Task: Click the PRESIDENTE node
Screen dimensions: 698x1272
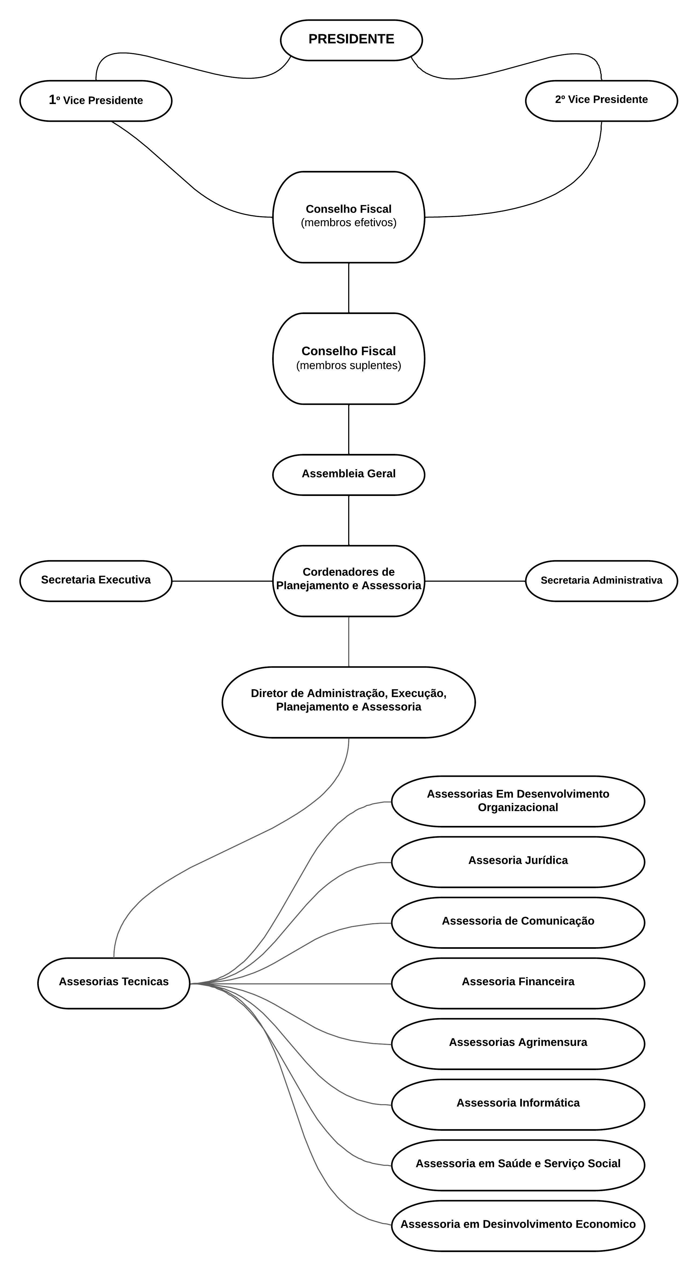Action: click(x=351, y=40)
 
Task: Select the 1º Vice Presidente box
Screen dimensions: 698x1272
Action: click(x=96, y=101)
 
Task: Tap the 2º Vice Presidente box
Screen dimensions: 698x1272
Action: click(x=601, y=101)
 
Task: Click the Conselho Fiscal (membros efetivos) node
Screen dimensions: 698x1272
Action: click(x=349, y=217)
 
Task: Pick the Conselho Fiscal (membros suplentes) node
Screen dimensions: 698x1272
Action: click(x=349, y=358)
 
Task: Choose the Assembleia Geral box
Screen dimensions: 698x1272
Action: click(x=349, y=474)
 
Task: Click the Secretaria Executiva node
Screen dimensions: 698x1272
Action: click(x=96, y=581)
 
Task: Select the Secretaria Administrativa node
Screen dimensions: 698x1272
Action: click(x=601, y=581)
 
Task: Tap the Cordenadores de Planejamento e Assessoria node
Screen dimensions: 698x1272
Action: click(x=349, y=581)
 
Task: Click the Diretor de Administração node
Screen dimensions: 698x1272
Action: click(x=349, y=702)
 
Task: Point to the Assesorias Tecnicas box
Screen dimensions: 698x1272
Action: click(x=114, y=983)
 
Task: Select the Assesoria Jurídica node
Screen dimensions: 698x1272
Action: click(x=518, y=862)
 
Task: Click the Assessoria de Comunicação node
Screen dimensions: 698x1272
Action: click(x=518, y=922)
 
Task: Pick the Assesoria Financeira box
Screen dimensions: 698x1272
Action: click(x=518, y=983)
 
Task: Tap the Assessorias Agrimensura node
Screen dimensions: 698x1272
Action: click(x=518, y=1044)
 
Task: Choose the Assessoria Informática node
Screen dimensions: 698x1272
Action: click(x=518, y=1105)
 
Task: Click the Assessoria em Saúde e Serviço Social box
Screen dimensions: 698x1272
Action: click(x=518, y=1165)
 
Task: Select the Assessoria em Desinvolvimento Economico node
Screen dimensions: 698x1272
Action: click(x=518, y=1226)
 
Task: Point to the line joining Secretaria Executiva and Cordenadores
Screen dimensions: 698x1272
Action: click(x=222, y=581)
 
